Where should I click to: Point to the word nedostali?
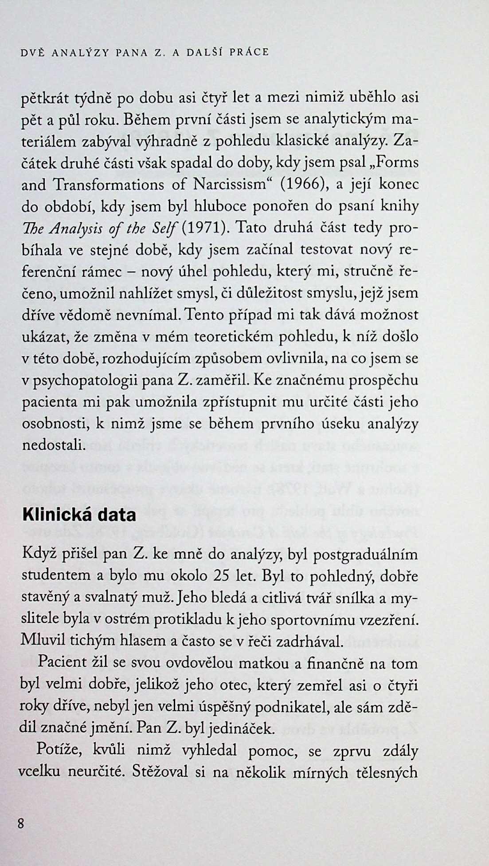[x=53, y=445]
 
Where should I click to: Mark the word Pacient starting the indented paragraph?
[x=63, y=663]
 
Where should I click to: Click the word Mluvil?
[x=41, y=641]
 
